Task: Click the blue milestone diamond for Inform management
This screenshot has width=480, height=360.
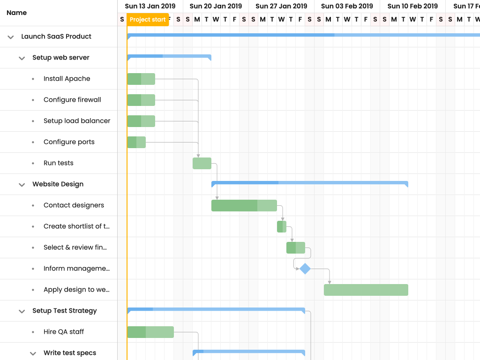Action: [305, 269]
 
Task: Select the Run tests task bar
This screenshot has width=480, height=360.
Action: [202, 163]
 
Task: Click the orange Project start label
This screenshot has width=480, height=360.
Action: [148, 20]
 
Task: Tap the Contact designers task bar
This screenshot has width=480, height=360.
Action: [244, 205]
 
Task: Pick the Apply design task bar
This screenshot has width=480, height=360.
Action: [366, 290]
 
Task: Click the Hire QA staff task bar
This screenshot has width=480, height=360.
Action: [150, 332]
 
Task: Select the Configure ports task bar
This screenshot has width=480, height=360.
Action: [136, 142]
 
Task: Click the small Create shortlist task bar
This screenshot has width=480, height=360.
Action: [282, 226]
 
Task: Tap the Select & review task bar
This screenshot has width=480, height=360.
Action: [296, 247]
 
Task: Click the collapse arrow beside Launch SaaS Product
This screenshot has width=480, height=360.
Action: [11, 37]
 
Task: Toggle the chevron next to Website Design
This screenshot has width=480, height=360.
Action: [22, 185]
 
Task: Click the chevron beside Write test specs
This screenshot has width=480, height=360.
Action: [33, 353]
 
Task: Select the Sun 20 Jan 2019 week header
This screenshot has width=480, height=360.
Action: [216, 6]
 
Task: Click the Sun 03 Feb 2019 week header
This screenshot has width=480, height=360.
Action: [347, 6]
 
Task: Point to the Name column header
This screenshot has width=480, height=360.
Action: [17, 13]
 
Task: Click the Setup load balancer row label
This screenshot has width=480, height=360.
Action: [77, 121]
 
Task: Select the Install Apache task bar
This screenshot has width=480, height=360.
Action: [141, 79]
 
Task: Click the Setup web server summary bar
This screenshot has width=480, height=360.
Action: [169, 57]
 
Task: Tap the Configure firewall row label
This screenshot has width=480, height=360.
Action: [72, 100]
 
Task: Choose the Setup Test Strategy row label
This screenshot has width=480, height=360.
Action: [65, 311]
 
